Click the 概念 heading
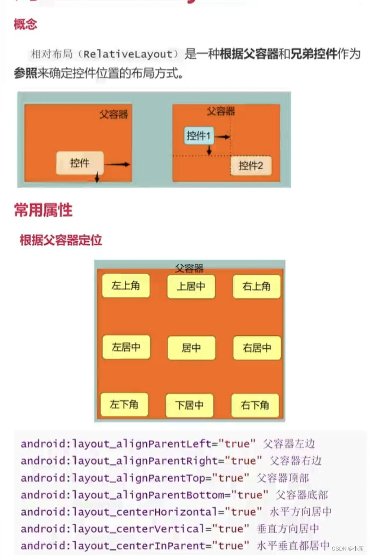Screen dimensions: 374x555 tap(25, 24)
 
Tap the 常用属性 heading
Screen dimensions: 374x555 tap(43, 210)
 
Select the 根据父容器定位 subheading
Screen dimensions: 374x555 tap(61, 240)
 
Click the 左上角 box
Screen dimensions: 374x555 tap(126, 286)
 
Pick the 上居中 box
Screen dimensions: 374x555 tap(191, 286)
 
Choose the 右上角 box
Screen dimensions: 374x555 tap(257, 286)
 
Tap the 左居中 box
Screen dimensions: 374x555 tap(126, 347)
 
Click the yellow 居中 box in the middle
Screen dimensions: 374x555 tap(191, 348)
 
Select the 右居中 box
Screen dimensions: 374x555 tap(257, 348)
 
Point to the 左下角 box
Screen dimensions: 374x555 tap(124, 404)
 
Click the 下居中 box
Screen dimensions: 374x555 tap(189, 405)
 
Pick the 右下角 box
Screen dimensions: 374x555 tap(255, 405)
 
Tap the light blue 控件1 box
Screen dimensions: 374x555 tap(198, 135)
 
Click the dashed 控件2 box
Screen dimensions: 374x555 tap(251, 166)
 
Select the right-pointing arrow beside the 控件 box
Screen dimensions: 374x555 tap(117, 164)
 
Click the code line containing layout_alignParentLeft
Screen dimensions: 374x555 tap(138, 444)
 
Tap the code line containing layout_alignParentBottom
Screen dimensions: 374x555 tap(144, 495)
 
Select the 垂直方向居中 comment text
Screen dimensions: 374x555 tap(288, 529)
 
